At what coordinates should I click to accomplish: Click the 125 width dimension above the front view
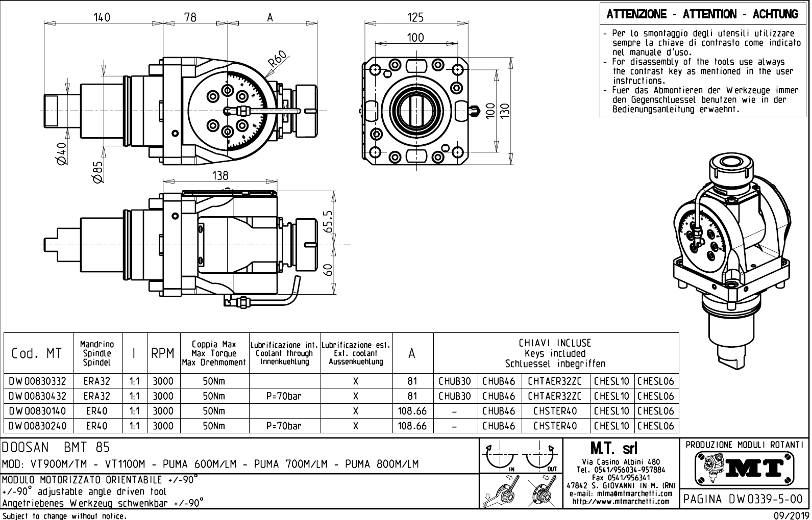tap(415, 17)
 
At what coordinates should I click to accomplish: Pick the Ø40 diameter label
tap(62, 153)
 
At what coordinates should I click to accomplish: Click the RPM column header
tap(163, 353)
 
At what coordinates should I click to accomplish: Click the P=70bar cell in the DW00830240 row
tap(284, 426)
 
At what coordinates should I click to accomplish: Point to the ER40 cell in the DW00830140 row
tap(96, 411)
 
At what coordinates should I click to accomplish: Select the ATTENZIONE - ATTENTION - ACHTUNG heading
tap(702, 14)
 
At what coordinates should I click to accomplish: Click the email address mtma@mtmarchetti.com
tap(620, 493)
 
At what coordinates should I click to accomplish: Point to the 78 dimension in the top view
tap(190, 17)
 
